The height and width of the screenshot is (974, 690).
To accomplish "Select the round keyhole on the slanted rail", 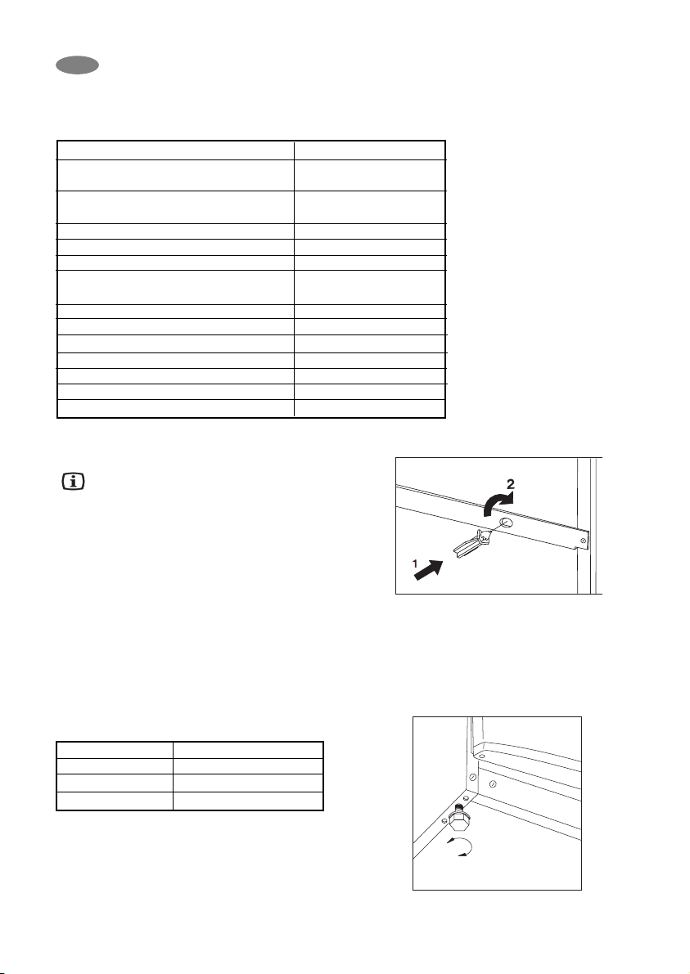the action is coord(506,523).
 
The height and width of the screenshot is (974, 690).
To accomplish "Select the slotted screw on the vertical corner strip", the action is coord(471,776).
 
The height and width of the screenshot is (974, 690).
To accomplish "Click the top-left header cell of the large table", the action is coord(175,150).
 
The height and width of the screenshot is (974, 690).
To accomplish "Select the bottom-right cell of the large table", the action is coord(369,411).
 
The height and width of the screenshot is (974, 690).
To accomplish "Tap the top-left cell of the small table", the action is coord(115,750).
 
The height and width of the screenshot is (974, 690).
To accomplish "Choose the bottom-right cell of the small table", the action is coord(248,801).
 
